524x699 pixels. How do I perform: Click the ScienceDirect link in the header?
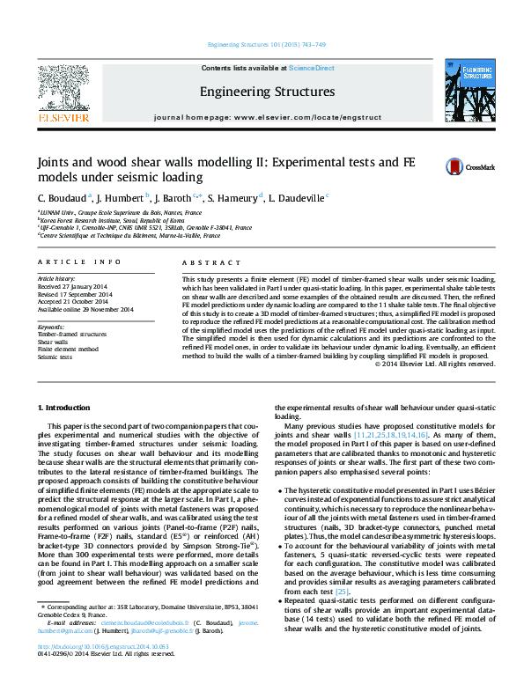(x=312, y=68)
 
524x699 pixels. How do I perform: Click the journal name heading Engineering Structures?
(x=267, y=92)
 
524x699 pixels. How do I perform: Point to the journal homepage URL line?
(x=266, y=117)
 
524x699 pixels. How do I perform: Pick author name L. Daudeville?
(x=297, y=198)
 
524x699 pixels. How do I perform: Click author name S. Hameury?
(x=233, y=198)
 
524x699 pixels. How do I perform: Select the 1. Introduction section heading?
(x=65, y=408)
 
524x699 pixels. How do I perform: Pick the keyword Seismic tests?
(x=55, y=357)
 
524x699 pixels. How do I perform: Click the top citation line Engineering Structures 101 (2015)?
(x=265, y=44)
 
